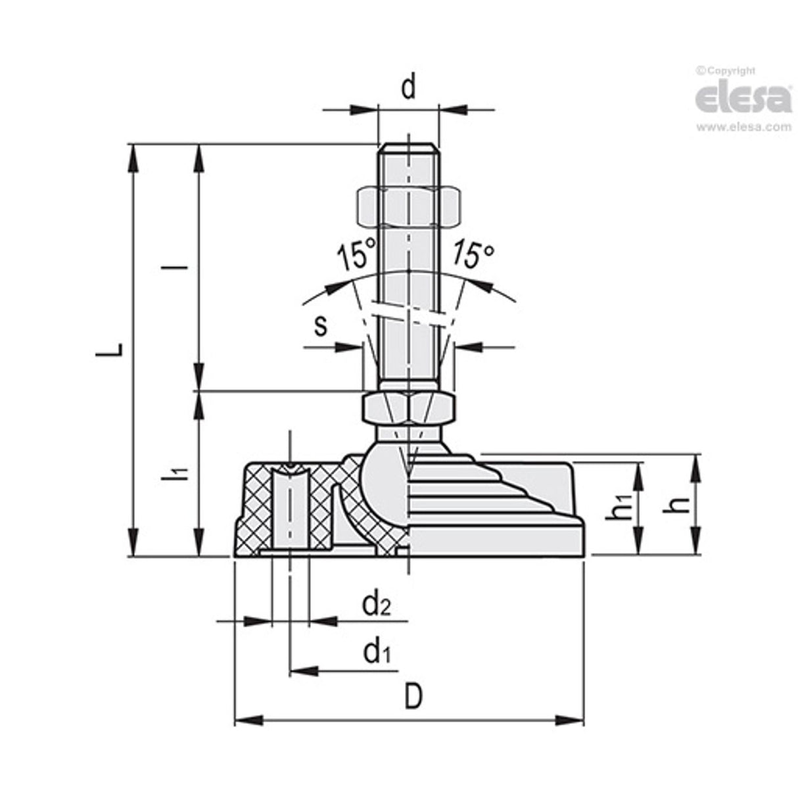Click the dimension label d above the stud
pos(409,88)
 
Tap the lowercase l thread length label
pos(185,268)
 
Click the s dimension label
pos(320,325)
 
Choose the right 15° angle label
pos(473,254)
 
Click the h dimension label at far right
pos(683,504)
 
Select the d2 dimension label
pos(377,603)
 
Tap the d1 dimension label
pos(377,652)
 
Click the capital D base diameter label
pos(412,697)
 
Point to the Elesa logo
pos(743,99)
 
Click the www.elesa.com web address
pos(743,127)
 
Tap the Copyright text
pos(726,70)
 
